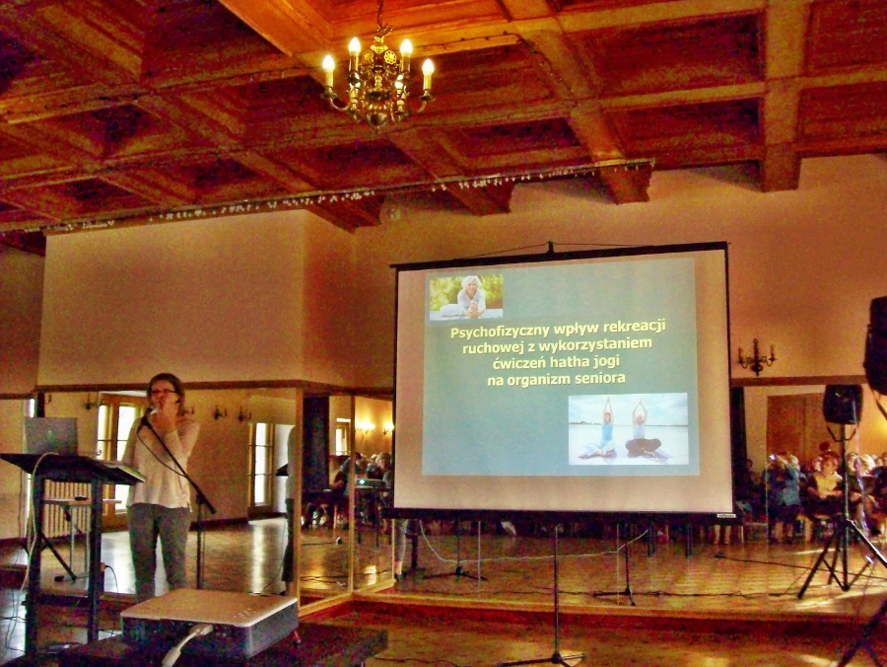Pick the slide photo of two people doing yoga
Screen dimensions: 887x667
click(x=628, y=428)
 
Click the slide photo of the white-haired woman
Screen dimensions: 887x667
click(x=465, y=297)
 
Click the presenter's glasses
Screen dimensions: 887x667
click(x=163, y=392)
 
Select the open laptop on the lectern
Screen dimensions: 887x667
click(x=50, y=435)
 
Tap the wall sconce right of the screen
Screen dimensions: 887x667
click(x=756, y=356)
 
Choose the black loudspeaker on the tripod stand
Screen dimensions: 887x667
click(x=843, y=405)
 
